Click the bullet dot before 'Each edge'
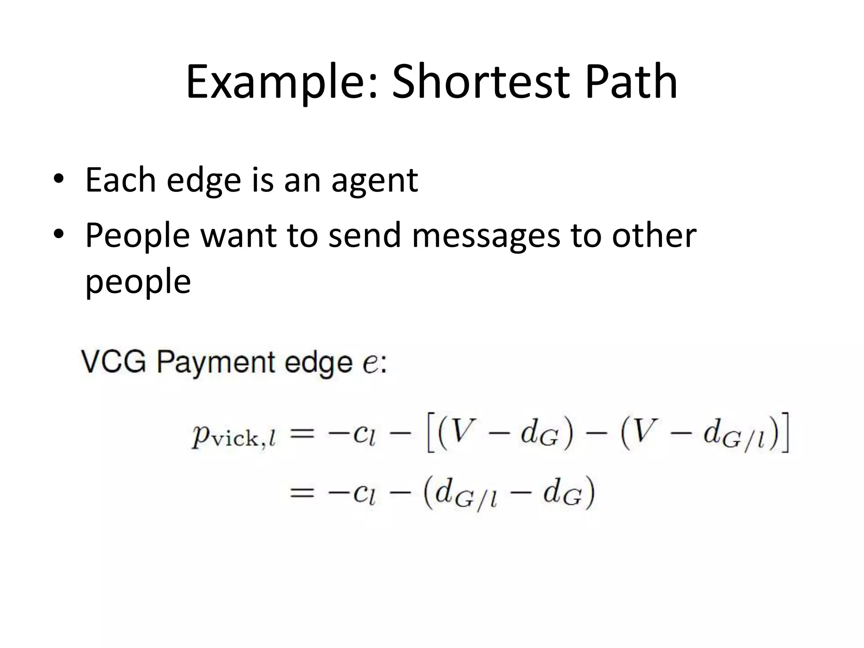59,179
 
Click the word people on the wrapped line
138,283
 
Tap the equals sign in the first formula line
302,435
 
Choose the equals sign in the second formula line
302,493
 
